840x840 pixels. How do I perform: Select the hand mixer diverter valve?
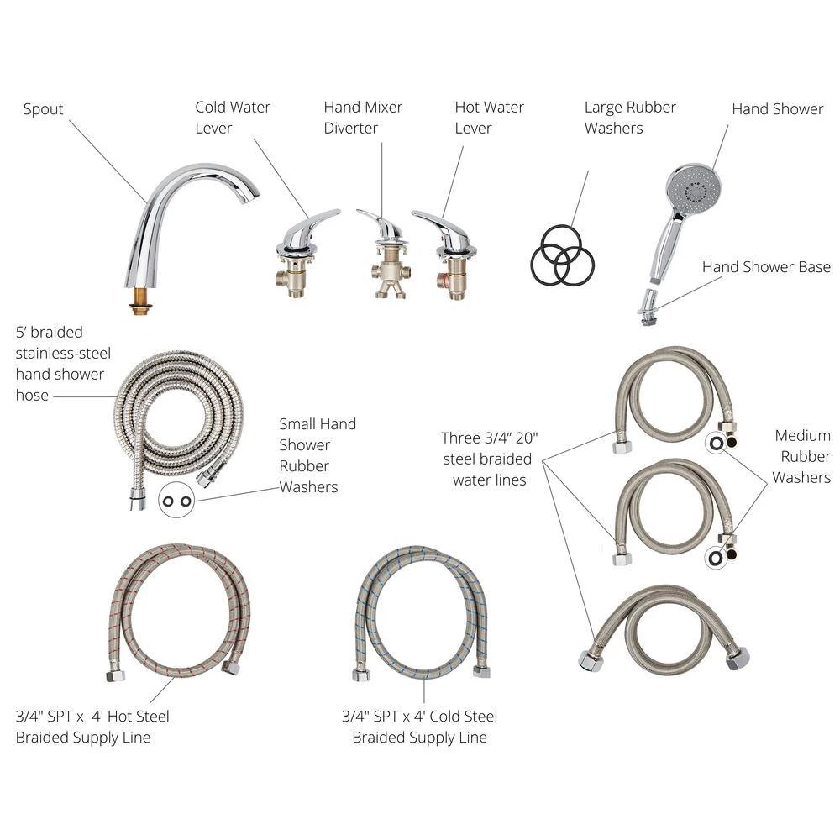389,255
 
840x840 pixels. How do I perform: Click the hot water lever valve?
446,255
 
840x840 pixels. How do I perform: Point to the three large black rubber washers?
563,255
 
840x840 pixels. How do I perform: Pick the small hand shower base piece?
648,307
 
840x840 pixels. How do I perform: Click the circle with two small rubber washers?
176,501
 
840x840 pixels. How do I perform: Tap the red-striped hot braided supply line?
178,611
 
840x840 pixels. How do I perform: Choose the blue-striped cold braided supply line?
422,611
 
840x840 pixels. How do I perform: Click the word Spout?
43,110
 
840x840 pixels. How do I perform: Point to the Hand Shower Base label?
766,267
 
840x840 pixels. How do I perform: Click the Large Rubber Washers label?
630,118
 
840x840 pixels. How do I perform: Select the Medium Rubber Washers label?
801,456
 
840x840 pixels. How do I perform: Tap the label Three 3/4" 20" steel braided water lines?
489,459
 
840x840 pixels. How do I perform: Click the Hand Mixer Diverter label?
363,118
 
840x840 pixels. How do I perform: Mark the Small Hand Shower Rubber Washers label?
318,455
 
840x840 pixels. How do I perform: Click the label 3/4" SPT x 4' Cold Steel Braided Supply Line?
419,727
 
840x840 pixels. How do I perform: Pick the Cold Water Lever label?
233,118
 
